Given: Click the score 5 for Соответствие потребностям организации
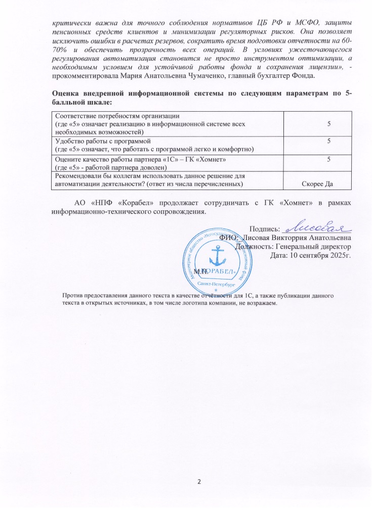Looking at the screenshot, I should (x=328, y=123).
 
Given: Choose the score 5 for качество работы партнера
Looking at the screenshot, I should (x=328, y=160).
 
